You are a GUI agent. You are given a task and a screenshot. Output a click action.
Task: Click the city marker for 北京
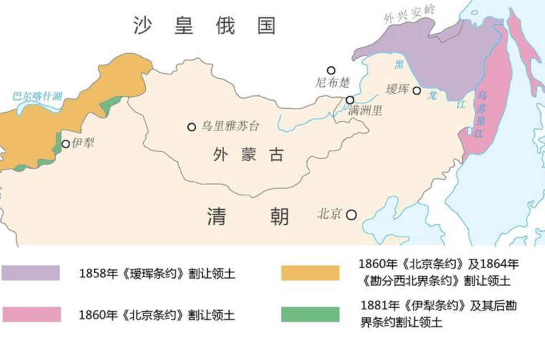tap(351, 215)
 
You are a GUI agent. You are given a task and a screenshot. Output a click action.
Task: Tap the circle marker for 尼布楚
tap(331, 70)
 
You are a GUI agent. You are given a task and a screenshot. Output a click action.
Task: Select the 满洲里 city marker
tap(350, 101)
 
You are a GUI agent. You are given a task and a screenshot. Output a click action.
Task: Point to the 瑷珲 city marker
tap(417, 90)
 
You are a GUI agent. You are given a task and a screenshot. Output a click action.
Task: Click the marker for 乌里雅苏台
tap(192, 127)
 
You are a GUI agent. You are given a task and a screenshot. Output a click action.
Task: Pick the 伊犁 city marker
tap(66, 144)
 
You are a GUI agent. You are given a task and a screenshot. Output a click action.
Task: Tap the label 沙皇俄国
tap(204, 25)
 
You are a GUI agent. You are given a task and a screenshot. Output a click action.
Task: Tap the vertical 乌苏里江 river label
tap(481, 114)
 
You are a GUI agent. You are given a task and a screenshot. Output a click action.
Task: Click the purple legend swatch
tap(31, 273)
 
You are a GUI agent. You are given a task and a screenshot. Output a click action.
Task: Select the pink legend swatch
tap(31, 314)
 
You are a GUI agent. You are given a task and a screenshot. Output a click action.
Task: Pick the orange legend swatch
tap(310, 273)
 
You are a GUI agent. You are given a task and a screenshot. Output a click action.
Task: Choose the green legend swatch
tap(310, 314)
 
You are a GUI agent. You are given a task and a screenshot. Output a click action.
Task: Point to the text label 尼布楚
tap(333, 83)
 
